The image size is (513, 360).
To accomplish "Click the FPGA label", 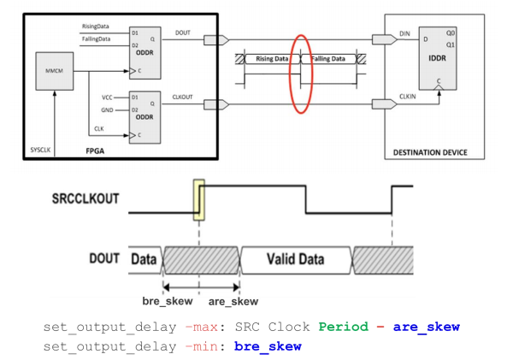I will tap(97, 150).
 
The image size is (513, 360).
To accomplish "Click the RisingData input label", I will tap(95, 27).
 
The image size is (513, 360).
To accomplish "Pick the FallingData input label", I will tap(95, 38).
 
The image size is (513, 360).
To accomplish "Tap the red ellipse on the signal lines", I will tap(301, 73).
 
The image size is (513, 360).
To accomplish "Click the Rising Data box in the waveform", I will tap(273, 58).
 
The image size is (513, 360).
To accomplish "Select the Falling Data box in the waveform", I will tap(328, 58).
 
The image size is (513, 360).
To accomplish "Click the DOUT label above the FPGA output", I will tap(183, 32).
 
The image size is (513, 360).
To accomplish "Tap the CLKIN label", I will tap(408, 97).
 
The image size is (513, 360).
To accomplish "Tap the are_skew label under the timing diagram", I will tap(233, 301).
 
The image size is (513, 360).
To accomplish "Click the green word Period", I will tap(343, 327).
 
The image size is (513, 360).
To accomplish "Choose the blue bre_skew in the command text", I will tap(268, 345).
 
